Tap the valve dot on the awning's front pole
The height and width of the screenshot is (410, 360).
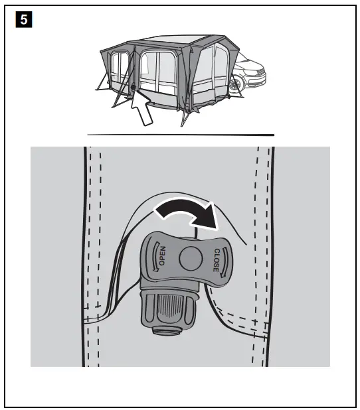pos(134,87)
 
